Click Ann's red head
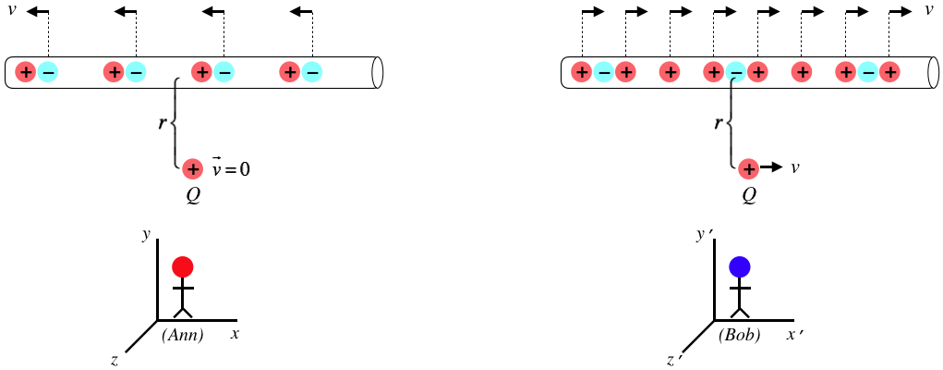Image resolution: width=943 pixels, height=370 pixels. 183,267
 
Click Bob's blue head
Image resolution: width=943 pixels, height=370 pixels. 739,267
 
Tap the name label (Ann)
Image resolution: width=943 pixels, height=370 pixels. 182,336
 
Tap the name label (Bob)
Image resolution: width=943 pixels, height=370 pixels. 739,336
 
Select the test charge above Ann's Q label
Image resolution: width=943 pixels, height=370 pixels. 192,168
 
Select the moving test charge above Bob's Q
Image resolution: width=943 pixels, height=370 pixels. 748,168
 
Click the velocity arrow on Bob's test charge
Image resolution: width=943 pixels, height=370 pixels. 771,168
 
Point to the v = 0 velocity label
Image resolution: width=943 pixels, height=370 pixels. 232,169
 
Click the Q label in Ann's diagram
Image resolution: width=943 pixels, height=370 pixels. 193,196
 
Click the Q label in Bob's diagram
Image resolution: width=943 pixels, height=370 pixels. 749,196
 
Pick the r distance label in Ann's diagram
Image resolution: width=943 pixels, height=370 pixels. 163,121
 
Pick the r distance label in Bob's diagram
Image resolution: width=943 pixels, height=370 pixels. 719,121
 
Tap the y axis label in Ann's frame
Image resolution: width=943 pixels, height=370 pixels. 146,235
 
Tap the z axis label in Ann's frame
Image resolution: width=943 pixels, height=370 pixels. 114,361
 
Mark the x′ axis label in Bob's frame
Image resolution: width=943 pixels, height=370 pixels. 794,334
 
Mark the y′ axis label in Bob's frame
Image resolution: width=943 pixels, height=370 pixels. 703,235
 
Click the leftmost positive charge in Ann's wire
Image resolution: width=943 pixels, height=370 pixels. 26,71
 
